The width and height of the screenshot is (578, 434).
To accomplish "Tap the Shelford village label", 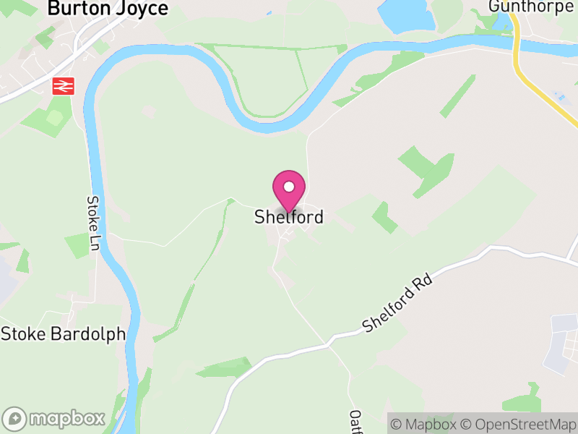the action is pos(288,217).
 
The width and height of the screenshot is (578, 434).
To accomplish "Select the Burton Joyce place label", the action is pos(108,9).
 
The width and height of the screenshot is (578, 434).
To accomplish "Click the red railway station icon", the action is pos(63,86).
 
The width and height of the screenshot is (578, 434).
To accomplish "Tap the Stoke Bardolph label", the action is pos(63,334).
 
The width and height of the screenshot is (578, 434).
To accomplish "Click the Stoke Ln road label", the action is pos(93,224).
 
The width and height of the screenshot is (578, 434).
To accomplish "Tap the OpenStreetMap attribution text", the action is pos(518,424).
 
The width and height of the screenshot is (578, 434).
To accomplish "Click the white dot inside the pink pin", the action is pos(289,187).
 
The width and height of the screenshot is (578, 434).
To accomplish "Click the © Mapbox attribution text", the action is pos(426,424).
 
